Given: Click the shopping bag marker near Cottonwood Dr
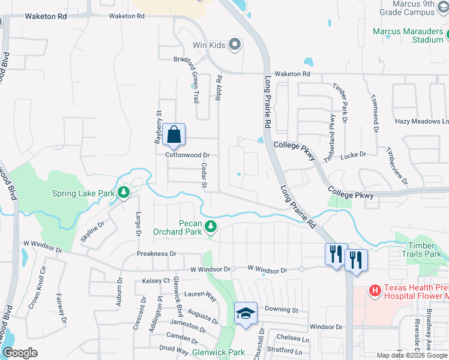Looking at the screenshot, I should (173, 135).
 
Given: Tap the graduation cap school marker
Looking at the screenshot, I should (246, 313).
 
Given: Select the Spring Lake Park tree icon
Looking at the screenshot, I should (124, 193).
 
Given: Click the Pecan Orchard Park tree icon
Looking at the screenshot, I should (210, 226).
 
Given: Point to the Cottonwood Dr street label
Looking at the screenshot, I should (187, 155).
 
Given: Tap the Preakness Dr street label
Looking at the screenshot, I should (155, 254).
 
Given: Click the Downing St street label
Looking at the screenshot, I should (282, 310).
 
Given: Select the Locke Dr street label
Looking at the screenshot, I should (353, 155).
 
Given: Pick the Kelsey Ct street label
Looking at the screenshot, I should (157, 281).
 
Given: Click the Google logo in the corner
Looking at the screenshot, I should (20, 353).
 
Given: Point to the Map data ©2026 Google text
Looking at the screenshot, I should (411, 355).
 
